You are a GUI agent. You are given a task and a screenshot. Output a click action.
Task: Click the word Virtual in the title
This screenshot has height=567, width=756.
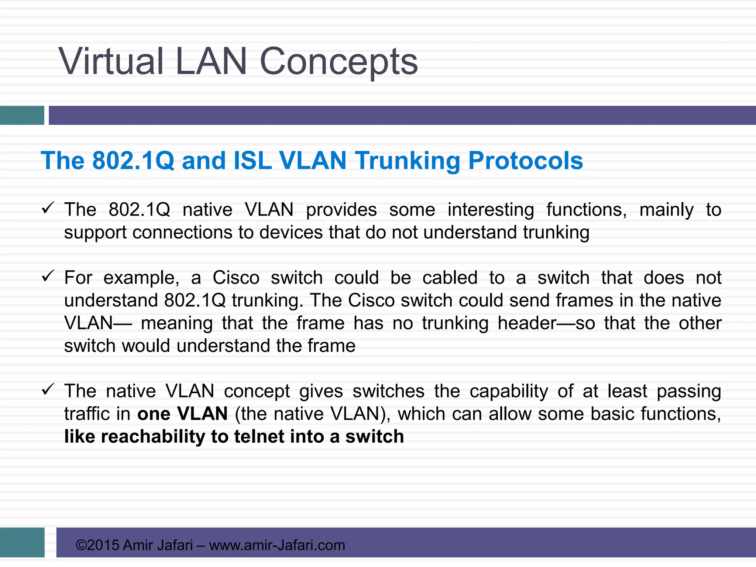coord(111,61)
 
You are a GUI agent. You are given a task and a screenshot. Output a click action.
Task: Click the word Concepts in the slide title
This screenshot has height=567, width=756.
coord(339,62)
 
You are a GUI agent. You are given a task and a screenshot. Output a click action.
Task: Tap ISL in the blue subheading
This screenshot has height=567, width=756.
coord(252,161)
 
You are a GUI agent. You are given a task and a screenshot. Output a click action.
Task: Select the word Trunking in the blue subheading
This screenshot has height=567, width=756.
coord(408,161)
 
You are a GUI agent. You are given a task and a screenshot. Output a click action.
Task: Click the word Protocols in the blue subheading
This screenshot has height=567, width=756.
coord(525,161)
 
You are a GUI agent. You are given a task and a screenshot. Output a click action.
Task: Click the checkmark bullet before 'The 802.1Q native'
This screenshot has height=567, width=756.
coord(48,208)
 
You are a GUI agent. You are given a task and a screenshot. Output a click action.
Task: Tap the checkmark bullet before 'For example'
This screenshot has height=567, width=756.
coord(48,276)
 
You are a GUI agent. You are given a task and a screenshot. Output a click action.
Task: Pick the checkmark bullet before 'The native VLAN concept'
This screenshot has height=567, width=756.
coord(48,389)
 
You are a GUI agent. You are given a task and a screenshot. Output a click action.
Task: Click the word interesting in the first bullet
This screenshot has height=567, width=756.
coord(491,210)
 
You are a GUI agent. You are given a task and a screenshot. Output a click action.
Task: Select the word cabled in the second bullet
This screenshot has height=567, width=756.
coord(450,278)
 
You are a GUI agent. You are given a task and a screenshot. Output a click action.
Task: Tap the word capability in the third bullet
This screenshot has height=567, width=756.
coord(509,392)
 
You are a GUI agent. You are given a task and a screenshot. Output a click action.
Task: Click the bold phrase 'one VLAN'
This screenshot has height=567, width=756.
coord(182,414)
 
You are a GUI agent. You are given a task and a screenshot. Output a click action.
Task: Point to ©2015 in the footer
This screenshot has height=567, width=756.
coord(97,545)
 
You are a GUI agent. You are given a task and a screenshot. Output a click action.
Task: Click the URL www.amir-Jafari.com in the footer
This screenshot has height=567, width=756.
coord(277,545)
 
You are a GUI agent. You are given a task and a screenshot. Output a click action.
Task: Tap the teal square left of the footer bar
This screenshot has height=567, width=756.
coord(22,542)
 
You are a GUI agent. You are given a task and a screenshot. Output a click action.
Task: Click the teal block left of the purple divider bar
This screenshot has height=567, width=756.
coord(22,115)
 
